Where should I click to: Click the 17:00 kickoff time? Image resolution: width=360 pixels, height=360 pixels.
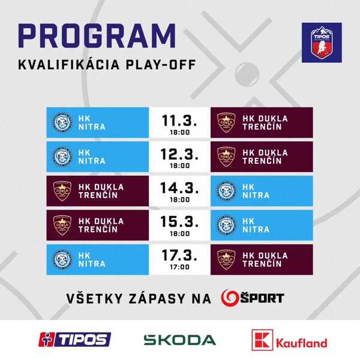pos(179,267)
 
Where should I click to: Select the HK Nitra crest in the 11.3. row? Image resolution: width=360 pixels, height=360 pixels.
pos(63,122)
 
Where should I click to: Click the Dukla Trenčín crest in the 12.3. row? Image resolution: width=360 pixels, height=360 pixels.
pos(226,157)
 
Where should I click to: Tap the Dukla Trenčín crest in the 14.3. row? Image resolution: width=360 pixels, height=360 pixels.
pos(63,191)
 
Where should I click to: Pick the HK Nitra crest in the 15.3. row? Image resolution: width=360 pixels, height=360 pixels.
pos(226,225)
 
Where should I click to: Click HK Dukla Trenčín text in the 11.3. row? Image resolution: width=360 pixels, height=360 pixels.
pos(263,122)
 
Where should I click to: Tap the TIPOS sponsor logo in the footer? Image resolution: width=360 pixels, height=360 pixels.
pos(75,339)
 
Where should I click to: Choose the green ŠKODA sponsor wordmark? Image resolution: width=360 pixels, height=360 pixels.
pos(180,340)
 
